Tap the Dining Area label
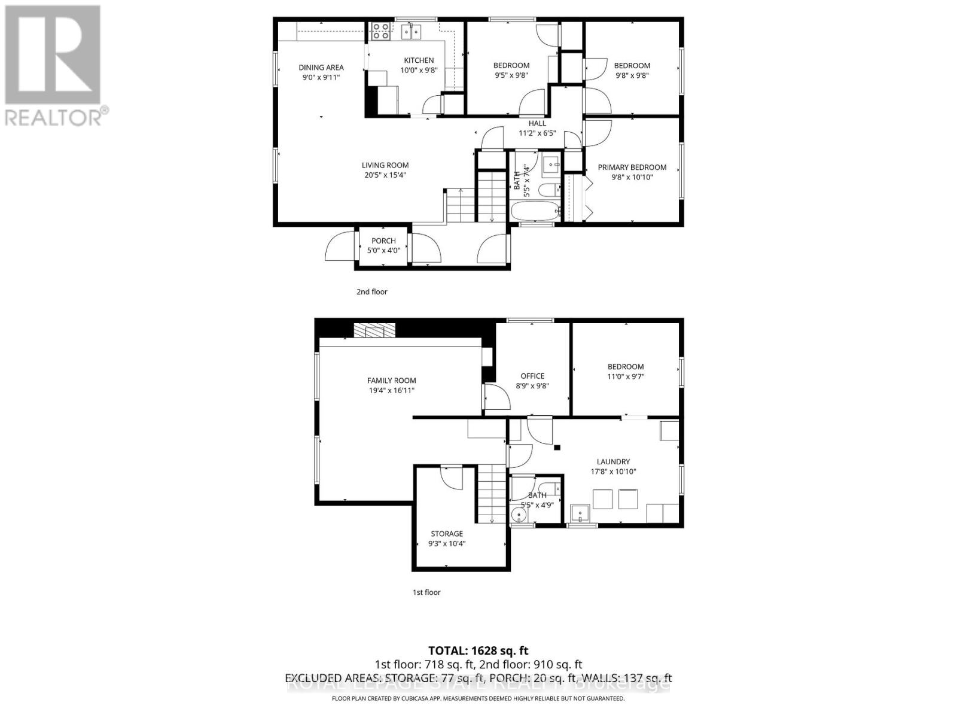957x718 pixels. [x=321, y=68]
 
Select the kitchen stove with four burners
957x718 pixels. [x=380, y=31]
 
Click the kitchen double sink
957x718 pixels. [x=411, y=32]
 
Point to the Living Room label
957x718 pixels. [x=385, y=165]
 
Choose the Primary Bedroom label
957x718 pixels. [x=632, y=168]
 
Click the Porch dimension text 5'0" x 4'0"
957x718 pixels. [x=383, y=251]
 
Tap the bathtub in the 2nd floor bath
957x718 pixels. [x=535, y=211]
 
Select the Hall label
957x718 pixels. [x=537, y=123]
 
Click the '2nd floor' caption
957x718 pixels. [x=372, y=292]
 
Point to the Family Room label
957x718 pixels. [x=392, y=381]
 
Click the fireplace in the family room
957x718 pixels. [x=374, y=331]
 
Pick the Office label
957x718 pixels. [x=532, y=376]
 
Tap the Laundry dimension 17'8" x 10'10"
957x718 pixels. [x=613, y=471]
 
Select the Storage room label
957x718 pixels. [x=447, y=534]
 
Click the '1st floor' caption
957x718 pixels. [x=426, y=592]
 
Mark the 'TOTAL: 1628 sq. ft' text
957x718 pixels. [x=478, y=651]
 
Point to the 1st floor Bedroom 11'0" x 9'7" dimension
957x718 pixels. [x=626, y=376]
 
